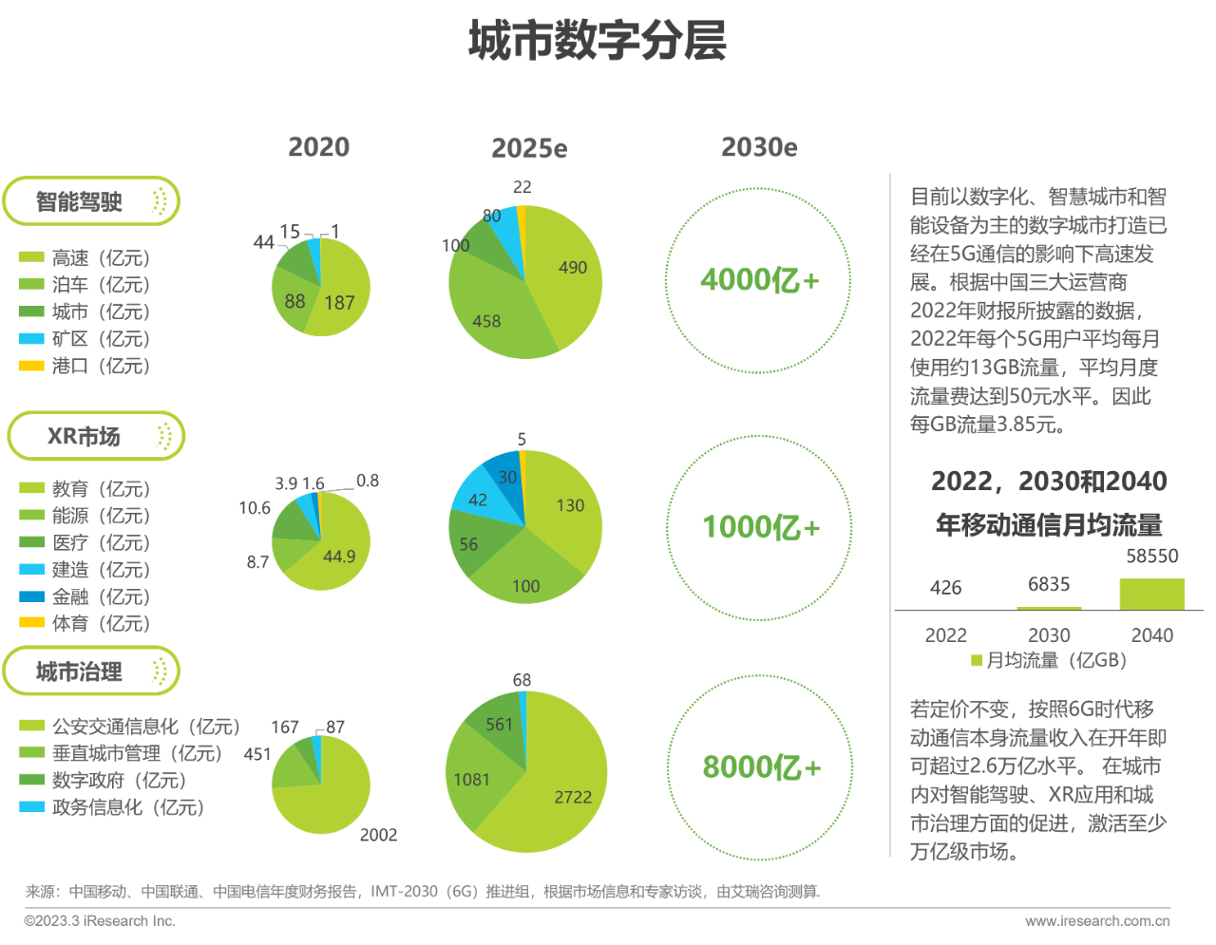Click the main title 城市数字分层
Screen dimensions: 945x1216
(597, 43)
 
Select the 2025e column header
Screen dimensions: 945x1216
(529, 149)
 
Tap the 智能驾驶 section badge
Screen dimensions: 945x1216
(91, 201)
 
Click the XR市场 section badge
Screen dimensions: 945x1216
(95, 437)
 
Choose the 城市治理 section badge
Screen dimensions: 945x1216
(91, 672)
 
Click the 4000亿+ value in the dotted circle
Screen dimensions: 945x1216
(759, 280)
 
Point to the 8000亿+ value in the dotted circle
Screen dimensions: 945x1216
(761, 767)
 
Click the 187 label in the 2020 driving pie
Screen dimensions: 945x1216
(339, 303)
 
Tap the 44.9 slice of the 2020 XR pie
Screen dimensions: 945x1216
(338, 557)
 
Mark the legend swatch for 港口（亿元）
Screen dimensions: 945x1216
(32, 366)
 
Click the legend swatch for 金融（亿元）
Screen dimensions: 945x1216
(32, 596)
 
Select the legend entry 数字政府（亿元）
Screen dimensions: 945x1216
(119, 781)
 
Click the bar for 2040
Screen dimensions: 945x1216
(1151, 594)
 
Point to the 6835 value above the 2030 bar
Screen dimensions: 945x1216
(1049, 585)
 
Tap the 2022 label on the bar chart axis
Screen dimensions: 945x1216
(945, 635)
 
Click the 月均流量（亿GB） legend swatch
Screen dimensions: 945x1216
(976, 661)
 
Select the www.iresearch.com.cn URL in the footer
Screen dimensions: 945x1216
(1097, 920)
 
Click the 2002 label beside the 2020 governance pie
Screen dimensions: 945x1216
(378, 835)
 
